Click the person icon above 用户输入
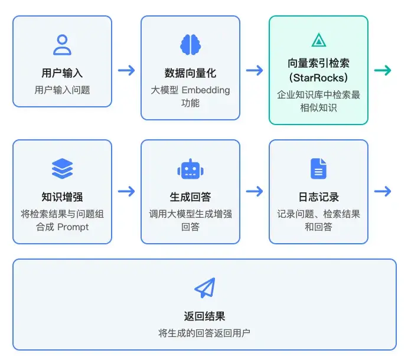pos(62,45)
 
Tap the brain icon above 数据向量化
pos(190,45)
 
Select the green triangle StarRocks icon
pos(318,40)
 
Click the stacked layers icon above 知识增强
pos(62,169)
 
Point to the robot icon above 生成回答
pos(190,169)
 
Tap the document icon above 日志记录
pos(318,169)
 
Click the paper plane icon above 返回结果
pos(204,288)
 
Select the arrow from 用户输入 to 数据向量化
pos(126,71)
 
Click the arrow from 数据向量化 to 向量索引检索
pos(255,71)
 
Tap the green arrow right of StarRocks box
pos(383,71)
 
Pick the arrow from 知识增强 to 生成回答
pos(126,191)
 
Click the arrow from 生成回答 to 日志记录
pos(255,191)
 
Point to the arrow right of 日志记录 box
pos(383,191)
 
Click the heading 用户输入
pos(62,74)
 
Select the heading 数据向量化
pos(190,73)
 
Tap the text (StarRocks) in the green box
pos(318,77)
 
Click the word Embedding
pos(206,90)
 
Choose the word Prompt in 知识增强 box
pos(73,227)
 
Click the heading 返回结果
pos(204,316)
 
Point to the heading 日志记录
pos(318,197)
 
